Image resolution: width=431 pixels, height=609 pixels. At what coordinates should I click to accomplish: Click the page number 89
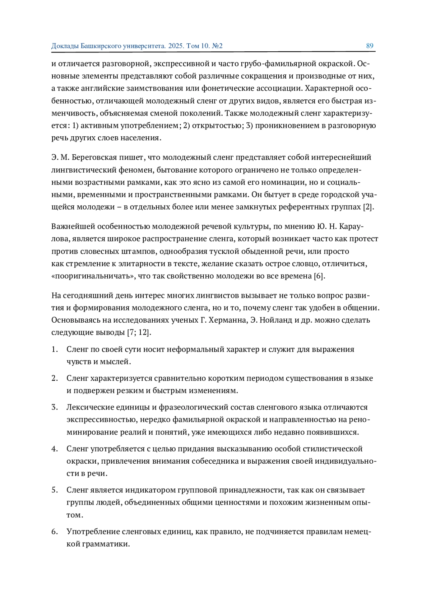[x=370, y=46]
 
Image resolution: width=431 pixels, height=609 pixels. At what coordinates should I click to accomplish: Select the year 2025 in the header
[x=176, y=46]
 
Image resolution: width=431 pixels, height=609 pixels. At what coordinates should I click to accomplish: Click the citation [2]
[x=369, y=207]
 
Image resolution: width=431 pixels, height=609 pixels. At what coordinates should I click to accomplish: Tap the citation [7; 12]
[x=139, y=332]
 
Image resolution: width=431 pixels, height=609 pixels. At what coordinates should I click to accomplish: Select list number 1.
[x=54, y=350]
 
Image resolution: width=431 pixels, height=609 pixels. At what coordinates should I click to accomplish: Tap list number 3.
[x=54, y=407]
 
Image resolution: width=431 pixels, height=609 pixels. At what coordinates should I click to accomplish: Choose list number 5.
[x=54, y=490]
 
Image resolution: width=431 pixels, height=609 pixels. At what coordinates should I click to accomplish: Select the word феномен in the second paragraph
[x=136, y=170]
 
